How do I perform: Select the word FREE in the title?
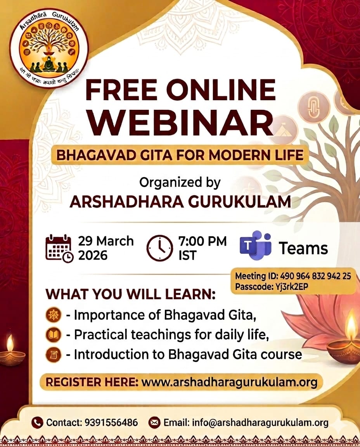click(x=118, y=90)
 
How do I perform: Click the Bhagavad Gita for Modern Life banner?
click(x=180, y=155)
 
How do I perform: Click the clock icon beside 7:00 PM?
click(x=159, y=248)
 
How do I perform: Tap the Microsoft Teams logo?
click(x=255, y=246)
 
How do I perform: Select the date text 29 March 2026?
click(x=106, y=248)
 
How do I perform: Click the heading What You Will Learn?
click(x=130, y=294)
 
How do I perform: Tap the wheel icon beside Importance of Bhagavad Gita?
click(x=54, y=315)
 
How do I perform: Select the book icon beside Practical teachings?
click(x=54, y=334)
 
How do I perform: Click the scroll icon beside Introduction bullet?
click(x=54, y=354)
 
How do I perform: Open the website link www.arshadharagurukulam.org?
click(x=229, y=382)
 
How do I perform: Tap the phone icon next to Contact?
click(x=37, y=423)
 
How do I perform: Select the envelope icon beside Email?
click(x=154, y=423)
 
